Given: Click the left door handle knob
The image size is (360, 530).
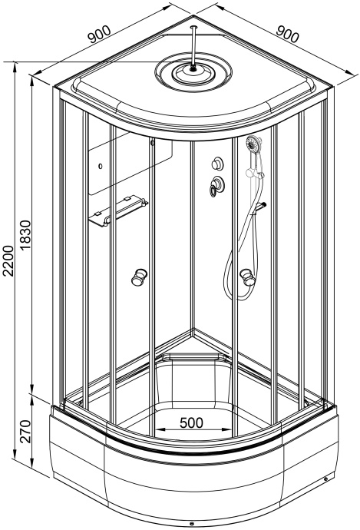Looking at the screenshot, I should coord(140,277).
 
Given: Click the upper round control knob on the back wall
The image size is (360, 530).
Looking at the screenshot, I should coord(216,164).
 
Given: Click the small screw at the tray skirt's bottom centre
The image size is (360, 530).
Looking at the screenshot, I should coord(191,525).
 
